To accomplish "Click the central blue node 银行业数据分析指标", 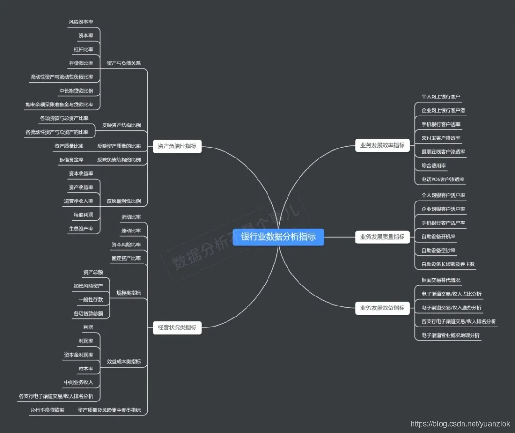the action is point(278,237).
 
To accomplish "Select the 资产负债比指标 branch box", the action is point(177,146).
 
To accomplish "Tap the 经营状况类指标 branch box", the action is point(177,327).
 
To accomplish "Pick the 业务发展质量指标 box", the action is point(382,236).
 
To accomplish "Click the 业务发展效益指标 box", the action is point(382,308).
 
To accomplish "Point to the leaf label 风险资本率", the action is point(81,22).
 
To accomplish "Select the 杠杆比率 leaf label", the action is point(83,50).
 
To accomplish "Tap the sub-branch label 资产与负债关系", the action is point(124,63).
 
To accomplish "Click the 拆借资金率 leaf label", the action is point(72,160).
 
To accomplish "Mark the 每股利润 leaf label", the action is point(83,215).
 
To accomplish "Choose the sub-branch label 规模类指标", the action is point(129,293).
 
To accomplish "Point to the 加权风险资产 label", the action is point(88,286).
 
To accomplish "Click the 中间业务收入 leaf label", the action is point(79,382).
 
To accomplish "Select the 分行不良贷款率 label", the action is point(47,410).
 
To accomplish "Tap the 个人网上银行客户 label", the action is point(441,96).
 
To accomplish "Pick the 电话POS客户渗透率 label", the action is point(443,180).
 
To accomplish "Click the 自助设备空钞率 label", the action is point(438,250).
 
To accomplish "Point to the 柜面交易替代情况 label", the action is point(441,280).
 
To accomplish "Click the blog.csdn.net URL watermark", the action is point(460,423).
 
